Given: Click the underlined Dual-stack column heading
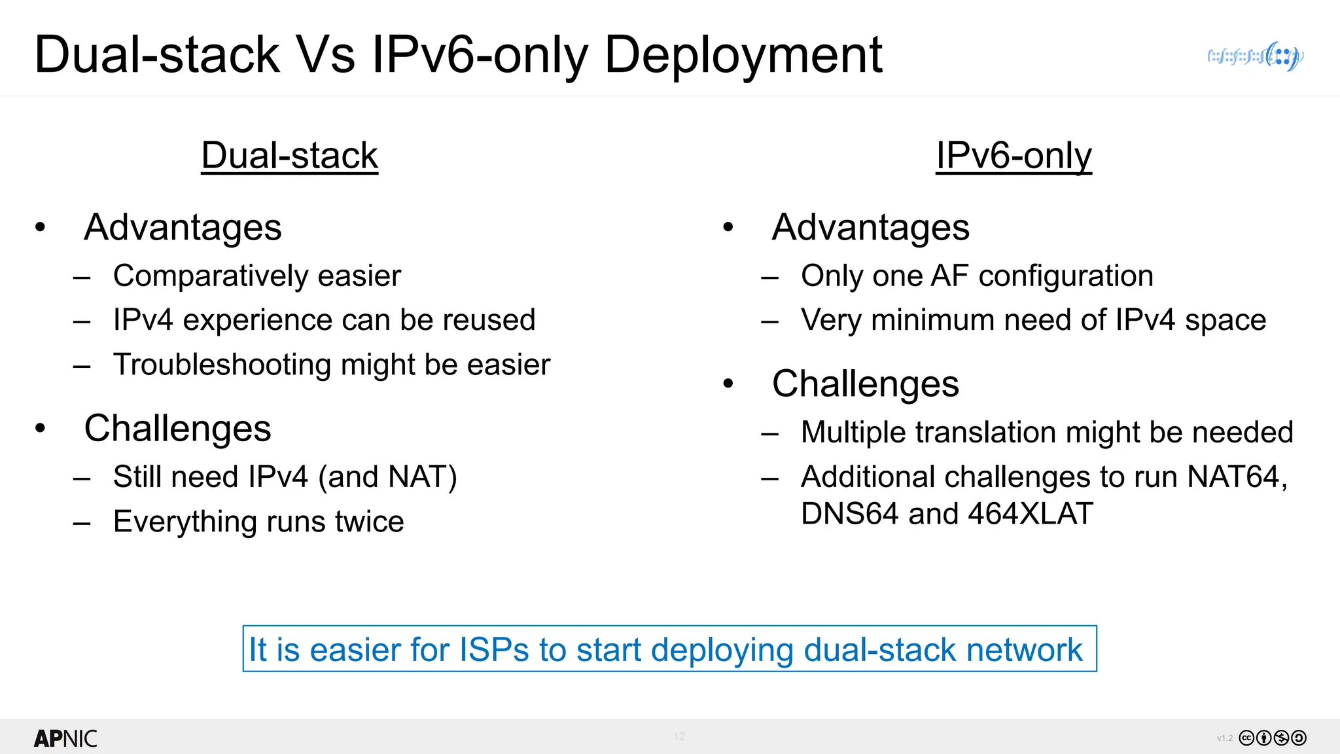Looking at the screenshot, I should [289, 156].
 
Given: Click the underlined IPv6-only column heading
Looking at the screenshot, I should [1014, 156].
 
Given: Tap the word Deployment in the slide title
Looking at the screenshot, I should [743, 55].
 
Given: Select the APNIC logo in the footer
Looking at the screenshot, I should [65, 738].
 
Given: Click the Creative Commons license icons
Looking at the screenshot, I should [1273, 738].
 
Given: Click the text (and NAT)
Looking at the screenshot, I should [387, 476].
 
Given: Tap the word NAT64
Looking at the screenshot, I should [1237, 476].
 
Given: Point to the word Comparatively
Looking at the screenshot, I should [210, 276].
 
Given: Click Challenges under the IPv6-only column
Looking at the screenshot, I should [865, 384].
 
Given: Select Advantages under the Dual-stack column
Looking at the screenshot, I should [183, 227].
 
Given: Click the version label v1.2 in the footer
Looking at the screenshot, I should [1224, 738].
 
